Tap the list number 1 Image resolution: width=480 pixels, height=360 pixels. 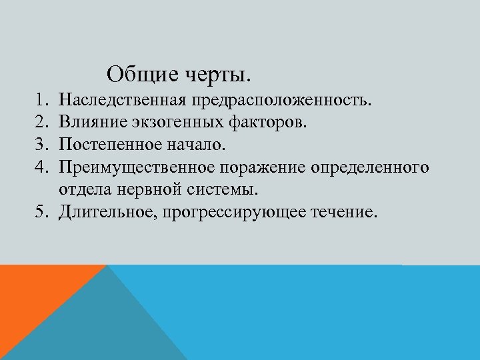pyautogui.click(x=39, y=101)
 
